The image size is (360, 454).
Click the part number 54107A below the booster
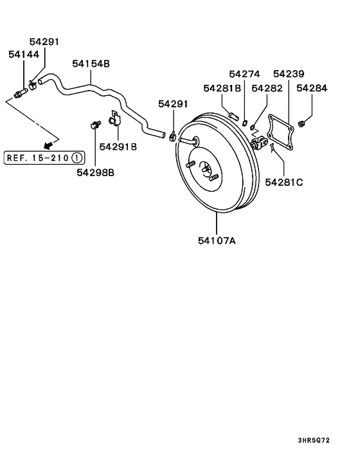tap(217, 241)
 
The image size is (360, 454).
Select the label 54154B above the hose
tap(91, 64)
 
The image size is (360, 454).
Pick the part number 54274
tap(244, 75)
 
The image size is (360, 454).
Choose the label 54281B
tap(222, 87)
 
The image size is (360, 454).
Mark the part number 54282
tap(267, 87)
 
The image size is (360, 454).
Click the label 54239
tap(289, 75)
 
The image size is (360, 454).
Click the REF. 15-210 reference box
tap(44, 157)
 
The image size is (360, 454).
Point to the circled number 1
tap(76, 157)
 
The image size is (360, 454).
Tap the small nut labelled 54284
tap(301, 122)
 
